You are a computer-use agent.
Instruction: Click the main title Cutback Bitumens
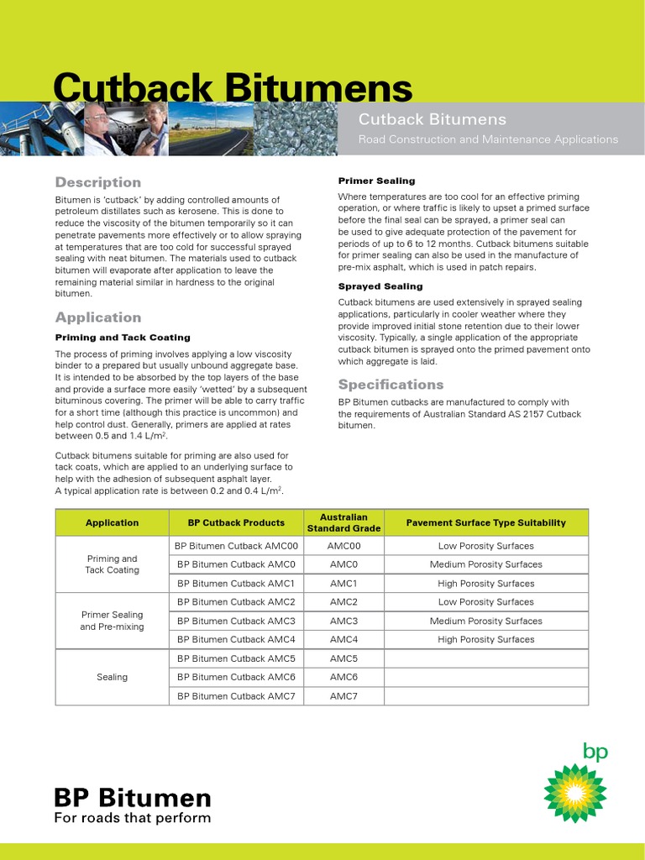(x=233, y=88)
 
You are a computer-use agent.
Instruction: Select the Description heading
(x=98, y=182)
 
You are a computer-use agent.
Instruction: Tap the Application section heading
(x=98, y=317)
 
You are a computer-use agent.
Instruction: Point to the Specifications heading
(x=391, y=385)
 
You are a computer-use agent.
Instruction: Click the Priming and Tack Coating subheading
(x=123, y=338)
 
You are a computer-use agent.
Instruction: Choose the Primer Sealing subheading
(x=376, y=181)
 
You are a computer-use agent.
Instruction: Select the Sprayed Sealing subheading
(x=380, y=286)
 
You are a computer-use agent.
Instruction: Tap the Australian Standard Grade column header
(x=343, y=522)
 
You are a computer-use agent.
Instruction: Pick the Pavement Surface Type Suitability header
(x=485, y=522)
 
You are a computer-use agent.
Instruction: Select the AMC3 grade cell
(x=343, y=621)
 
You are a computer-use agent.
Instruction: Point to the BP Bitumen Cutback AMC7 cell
(x=235, y=696)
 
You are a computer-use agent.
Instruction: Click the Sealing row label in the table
(x=112, y=677)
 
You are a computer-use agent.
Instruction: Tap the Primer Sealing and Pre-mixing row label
(x=112, y=621)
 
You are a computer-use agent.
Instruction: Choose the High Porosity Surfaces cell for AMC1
(x=485, y=584)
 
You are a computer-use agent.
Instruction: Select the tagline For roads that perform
(x=133, y=818)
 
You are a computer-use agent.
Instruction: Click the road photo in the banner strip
(x=210, y=128)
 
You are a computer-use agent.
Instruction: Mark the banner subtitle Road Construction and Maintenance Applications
(x=488, y=139)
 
